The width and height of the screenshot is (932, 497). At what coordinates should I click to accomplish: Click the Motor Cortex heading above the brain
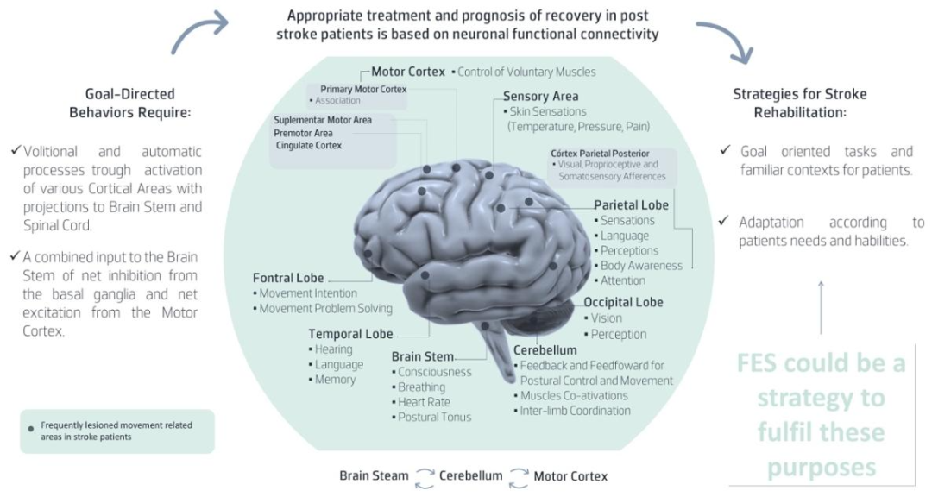coord(407,72)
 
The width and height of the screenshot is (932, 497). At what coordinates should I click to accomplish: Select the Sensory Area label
coord(540,97)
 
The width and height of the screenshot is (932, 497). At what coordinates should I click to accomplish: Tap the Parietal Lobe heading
coord(631,205)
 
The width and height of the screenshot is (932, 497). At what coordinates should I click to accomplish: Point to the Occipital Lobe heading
coord(623,302)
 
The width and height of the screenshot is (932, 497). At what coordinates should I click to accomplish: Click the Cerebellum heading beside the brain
coord(545,350)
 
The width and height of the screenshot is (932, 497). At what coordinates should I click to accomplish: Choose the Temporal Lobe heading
coord(350,334)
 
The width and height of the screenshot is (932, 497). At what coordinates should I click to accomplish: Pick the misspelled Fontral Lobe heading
coord(288,278)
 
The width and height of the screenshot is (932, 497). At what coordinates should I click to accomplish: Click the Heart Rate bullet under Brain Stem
coord(421,402)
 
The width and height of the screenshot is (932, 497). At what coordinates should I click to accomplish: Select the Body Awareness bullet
coord(639,266)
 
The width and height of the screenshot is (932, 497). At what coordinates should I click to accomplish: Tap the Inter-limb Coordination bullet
coord(573,411)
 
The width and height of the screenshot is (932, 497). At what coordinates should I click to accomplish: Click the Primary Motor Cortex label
coord(364,89)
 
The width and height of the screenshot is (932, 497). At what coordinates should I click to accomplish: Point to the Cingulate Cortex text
coord(308,146)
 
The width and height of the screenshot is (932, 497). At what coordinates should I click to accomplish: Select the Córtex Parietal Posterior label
coord(600,154)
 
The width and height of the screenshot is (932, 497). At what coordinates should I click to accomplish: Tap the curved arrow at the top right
coord(727,37)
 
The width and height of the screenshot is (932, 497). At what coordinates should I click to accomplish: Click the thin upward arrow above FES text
coord(821,307)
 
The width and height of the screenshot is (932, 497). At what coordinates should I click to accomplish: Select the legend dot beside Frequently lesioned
coord(31,429)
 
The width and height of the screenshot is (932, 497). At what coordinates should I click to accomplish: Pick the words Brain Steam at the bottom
coord(374,476)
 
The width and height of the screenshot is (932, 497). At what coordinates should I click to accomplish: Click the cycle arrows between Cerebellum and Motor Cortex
coord(519,478)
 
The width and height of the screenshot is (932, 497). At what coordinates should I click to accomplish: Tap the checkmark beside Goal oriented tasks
coord(725,150)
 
